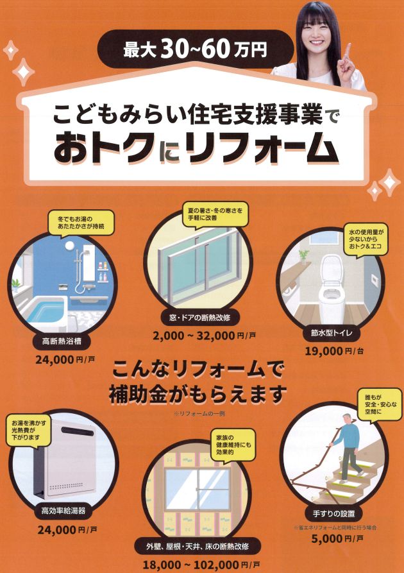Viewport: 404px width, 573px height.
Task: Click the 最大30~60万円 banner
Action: point(196,49)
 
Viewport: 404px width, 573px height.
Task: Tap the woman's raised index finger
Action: point(348,51)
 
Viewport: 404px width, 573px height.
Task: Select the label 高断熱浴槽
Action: point(62,341)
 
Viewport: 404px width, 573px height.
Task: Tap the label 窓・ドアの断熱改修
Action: point(200,318)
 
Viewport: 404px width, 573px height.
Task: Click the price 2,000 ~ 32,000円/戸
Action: point(205,336)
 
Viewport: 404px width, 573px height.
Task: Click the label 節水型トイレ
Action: point(332,333)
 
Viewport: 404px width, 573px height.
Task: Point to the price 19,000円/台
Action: point(334,351)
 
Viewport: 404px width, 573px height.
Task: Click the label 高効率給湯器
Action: point(63,511)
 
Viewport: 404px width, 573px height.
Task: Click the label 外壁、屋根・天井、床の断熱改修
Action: point(198,547)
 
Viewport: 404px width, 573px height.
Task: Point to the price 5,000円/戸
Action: point(337,538)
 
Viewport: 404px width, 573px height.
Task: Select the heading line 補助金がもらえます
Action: point(198,395)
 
